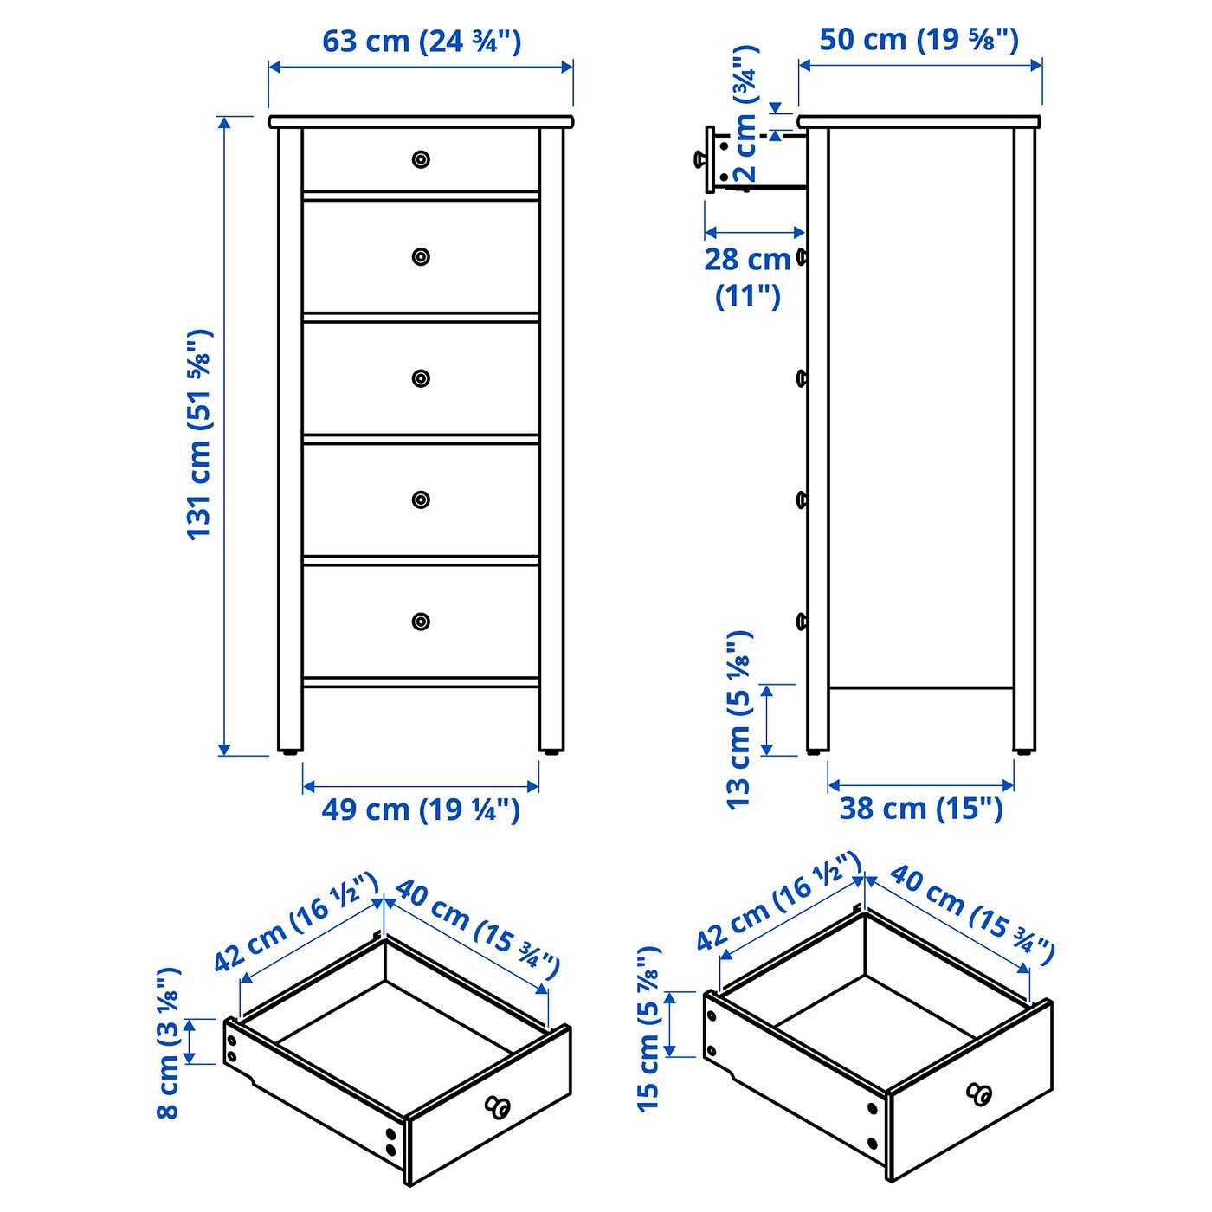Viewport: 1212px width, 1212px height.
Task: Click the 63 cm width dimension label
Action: point(422,42)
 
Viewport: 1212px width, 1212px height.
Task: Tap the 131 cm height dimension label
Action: point(201,435)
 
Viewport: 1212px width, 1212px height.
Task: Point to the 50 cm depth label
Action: point(919,40)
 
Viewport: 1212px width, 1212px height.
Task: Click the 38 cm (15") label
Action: point(921,809)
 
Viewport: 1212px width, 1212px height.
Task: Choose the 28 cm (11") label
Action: point(747,277)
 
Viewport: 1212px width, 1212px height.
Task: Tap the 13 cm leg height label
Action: point(738,719)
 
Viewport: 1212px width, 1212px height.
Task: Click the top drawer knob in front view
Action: point(421,159)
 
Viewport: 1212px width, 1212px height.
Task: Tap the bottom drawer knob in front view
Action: point(421,622)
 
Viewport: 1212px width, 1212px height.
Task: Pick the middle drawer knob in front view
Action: point(421,378)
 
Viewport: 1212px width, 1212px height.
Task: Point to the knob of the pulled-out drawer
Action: point(698,159)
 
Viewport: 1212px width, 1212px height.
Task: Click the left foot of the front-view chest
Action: point(290,751)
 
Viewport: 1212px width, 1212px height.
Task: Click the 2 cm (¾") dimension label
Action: point(746,113)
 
